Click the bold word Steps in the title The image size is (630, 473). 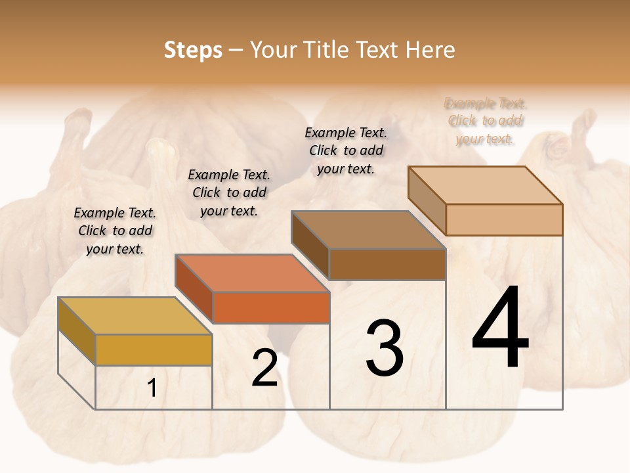pyautogui.click(x=193, y=50)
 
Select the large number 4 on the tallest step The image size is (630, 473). pyautogui.click(x=500, y=328)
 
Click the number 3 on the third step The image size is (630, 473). pyautogui.click(x=385, y=348)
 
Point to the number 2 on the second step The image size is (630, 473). pyautogui.click(x=264, y=368)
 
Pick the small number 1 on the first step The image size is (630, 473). pyautogui.click(x=152, y=388)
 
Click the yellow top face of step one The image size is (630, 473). pyautogui.click(x=135, y=316)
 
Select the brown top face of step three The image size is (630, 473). pyautogui.click(x=368, y=230)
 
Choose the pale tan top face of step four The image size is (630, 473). pyautogui.click(x=485, y=185)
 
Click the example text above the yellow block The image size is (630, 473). pyautogui.click(x=115, y=231)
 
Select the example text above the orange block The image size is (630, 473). pyautogui.click(x=229, y=192)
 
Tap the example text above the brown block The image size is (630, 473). pyautogui.click(x=346, y=150)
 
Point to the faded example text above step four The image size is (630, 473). pyautogui.click(x=485, y=121)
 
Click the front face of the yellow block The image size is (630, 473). pyautogui.click(x=154, y=349)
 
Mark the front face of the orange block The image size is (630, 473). pyautogui.click(x=270, y=307)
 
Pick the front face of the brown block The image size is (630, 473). pyautogui.click(x=387, y=264)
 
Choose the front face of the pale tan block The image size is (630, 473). pyautogui.click(x=504, y=219)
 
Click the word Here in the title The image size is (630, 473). pyautogui.click(x=430, y=50)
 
